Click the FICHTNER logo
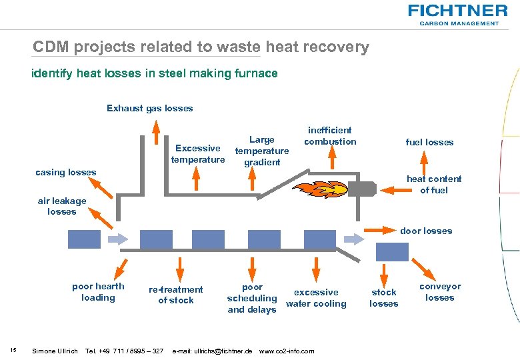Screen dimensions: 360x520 (457, 14)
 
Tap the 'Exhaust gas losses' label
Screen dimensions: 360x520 (149, 108)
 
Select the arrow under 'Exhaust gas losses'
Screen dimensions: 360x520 (155, 128)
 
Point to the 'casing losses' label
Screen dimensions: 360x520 (65, 172)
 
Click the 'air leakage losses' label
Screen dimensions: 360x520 (62, 206)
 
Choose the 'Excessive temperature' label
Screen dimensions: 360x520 (198, 153)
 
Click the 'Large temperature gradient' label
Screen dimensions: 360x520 (261, 151)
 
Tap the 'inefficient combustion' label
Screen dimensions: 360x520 (330, 135)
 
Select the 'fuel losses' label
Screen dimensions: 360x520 (429, 142)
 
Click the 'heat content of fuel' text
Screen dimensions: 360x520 (434, 184)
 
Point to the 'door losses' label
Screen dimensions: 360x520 (426, 231)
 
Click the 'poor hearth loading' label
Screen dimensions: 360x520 (98, 291)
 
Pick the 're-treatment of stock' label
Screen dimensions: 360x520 (176, 295)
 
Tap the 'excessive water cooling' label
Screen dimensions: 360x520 (316, 297)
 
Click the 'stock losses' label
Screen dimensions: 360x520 (383, 297)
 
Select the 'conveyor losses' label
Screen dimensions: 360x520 (440, 291)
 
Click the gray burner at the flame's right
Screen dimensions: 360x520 (363, 189)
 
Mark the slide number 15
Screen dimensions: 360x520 (13, 332)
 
